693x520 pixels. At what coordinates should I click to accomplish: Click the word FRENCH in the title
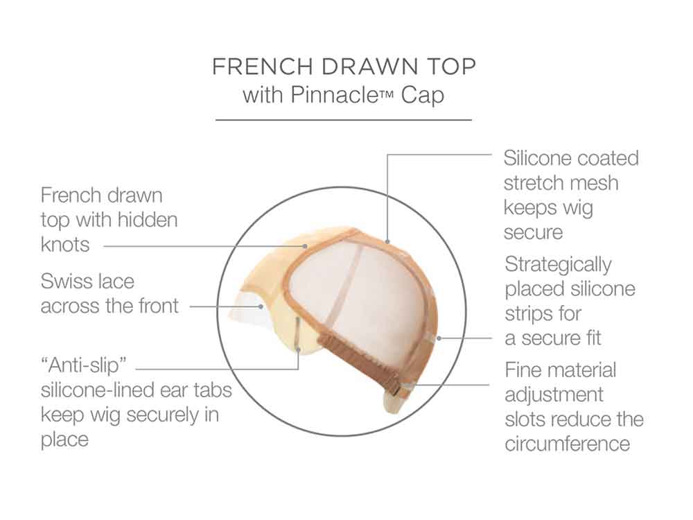pyautogui.click(x=263, y=67)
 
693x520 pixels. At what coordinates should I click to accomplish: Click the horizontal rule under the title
pyautogui.click(x=344, y=120)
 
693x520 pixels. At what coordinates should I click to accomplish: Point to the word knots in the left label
pyautogui.click(x=65, y=244)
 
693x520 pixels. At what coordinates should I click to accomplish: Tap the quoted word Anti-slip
pyautogui.click(x=84, y=365)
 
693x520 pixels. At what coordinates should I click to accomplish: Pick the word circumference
pyautogui.click(x=568, y=444)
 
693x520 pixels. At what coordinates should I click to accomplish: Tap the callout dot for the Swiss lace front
pyautogui.click(x=261, y=306)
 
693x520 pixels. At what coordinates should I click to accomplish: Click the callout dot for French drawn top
pyautogui.click(x=305, y=246)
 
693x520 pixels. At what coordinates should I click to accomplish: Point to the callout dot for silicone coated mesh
pyautogui.click(x=387, y=241)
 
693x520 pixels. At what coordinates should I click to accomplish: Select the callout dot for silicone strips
pyautogui.click(x=439, y=338)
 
